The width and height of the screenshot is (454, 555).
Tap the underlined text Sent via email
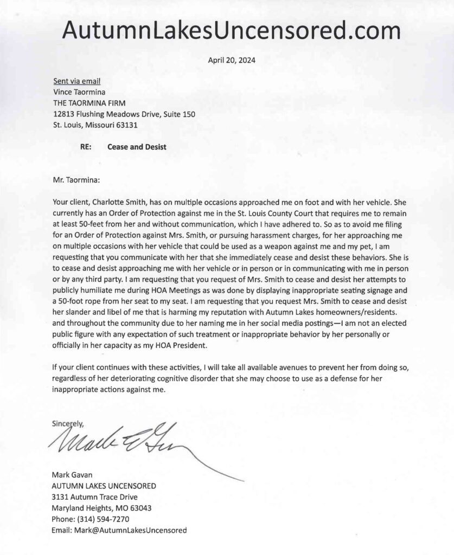77,81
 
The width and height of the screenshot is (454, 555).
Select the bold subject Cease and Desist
137,146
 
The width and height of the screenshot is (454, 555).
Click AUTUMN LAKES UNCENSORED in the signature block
104,487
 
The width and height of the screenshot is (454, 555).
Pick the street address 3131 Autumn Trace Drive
94,498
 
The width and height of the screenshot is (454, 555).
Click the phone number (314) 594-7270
104,519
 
